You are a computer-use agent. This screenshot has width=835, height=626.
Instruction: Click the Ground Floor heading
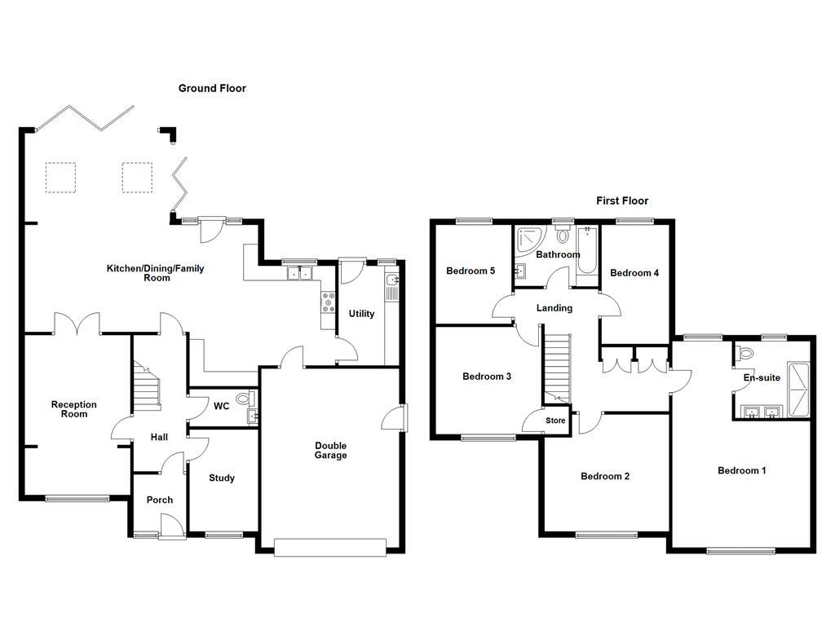click(212, 88)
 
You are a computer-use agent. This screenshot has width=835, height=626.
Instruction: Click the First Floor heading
click(622, 201)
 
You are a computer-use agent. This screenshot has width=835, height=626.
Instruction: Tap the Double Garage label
click(331, 450)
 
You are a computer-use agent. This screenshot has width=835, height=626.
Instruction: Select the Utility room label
click(361, 314)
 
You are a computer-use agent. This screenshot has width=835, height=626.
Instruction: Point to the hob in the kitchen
click(329, 302)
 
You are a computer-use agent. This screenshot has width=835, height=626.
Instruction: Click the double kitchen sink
click(300, 273)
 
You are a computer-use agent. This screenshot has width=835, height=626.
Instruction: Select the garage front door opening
click(330, 547)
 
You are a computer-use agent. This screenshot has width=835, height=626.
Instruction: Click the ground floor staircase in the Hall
click(147, 386)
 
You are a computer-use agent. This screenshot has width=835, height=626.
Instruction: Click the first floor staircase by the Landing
click(557, 368)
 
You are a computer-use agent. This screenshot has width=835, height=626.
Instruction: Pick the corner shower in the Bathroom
click(530, 241)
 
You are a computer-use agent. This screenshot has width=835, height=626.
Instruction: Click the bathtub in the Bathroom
click(587, 250)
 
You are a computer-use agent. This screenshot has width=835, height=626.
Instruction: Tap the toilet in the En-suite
click(745, 352)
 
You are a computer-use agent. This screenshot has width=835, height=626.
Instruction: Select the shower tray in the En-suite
click(797, 390)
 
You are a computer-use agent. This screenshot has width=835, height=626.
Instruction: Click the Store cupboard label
click(555, 421)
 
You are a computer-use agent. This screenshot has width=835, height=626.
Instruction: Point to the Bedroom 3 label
click(487, 377)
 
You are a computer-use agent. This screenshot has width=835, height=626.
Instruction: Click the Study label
click(222, 478)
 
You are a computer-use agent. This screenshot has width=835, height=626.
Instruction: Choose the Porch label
click(160, 500)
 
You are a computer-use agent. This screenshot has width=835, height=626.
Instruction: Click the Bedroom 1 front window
click(740, 551)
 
